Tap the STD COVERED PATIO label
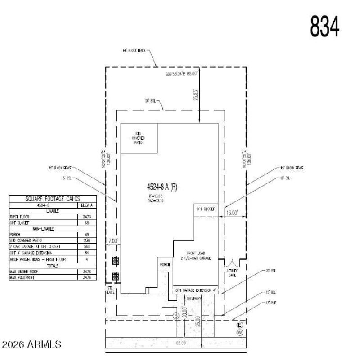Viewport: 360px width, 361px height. pyautogui.click(x=138, y=138)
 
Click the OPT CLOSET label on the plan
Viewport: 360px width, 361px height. pyautogui.click(x=206, y=209)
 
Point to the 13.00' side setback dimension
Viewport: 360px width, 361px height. pyautogui.click(x=233, y=213)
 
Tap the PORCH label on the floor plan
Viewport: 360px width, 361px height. pyautogui.click(x=165, y=265)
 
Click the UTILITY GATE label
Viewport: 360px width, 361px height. pyautogui.click(x=233, y=273)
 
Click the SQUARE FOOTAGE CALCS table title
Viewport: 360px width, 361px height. pyautogui.click(x=53, y=199)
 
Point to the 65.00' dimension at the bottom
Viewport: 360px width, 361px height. pyautogui.click(x=181, y=343)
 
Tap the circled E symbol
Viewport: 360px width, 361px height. pyautogui.click(x=240, y=325)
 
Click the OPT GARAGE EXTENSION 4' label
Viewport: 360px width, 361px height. pyautogui.click(x=196, y=290)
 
